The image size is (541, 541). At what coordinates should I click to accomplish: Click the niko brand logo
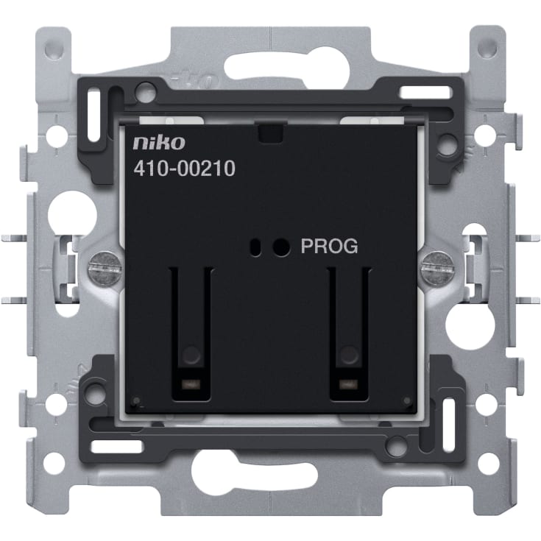[x=159, y=143]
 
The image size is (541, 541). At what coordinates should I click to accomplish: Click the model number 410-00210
[x=185, y=169]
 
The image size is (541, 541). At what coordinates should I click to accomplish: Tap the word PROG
[x=330, y=246]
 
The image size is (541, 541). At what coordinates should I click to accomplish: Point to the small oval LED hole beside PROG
[x=255, y=247]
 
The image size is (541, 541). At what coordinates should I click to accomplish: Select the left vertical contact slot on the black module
[x=191, y=333]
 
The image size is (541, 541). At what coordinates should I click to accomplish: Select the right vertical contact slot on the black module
[x=349, y=333]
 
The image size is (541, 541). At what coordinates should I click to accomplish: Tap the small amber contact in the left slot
[x=191, y=383]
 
